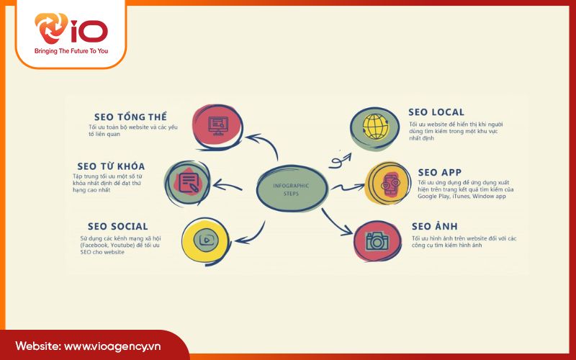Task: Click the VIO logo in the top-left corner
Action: click(x=71, y=30)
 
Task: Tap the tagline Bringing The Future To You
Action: click(x=71, y=52)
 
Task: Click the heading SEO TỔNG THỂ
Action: click(x=131, y=117)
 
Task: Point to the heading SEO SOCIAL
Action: click(x=117, y=227)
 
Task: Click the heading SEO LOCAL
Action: click(x=436, y=112)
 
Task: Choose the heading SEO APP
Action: click(x=440, y=172)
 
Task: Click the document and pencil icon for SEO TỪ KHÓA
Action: click(x=189, y=181)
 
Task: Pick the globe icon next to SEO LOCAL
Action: click(x=374, y=127)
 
